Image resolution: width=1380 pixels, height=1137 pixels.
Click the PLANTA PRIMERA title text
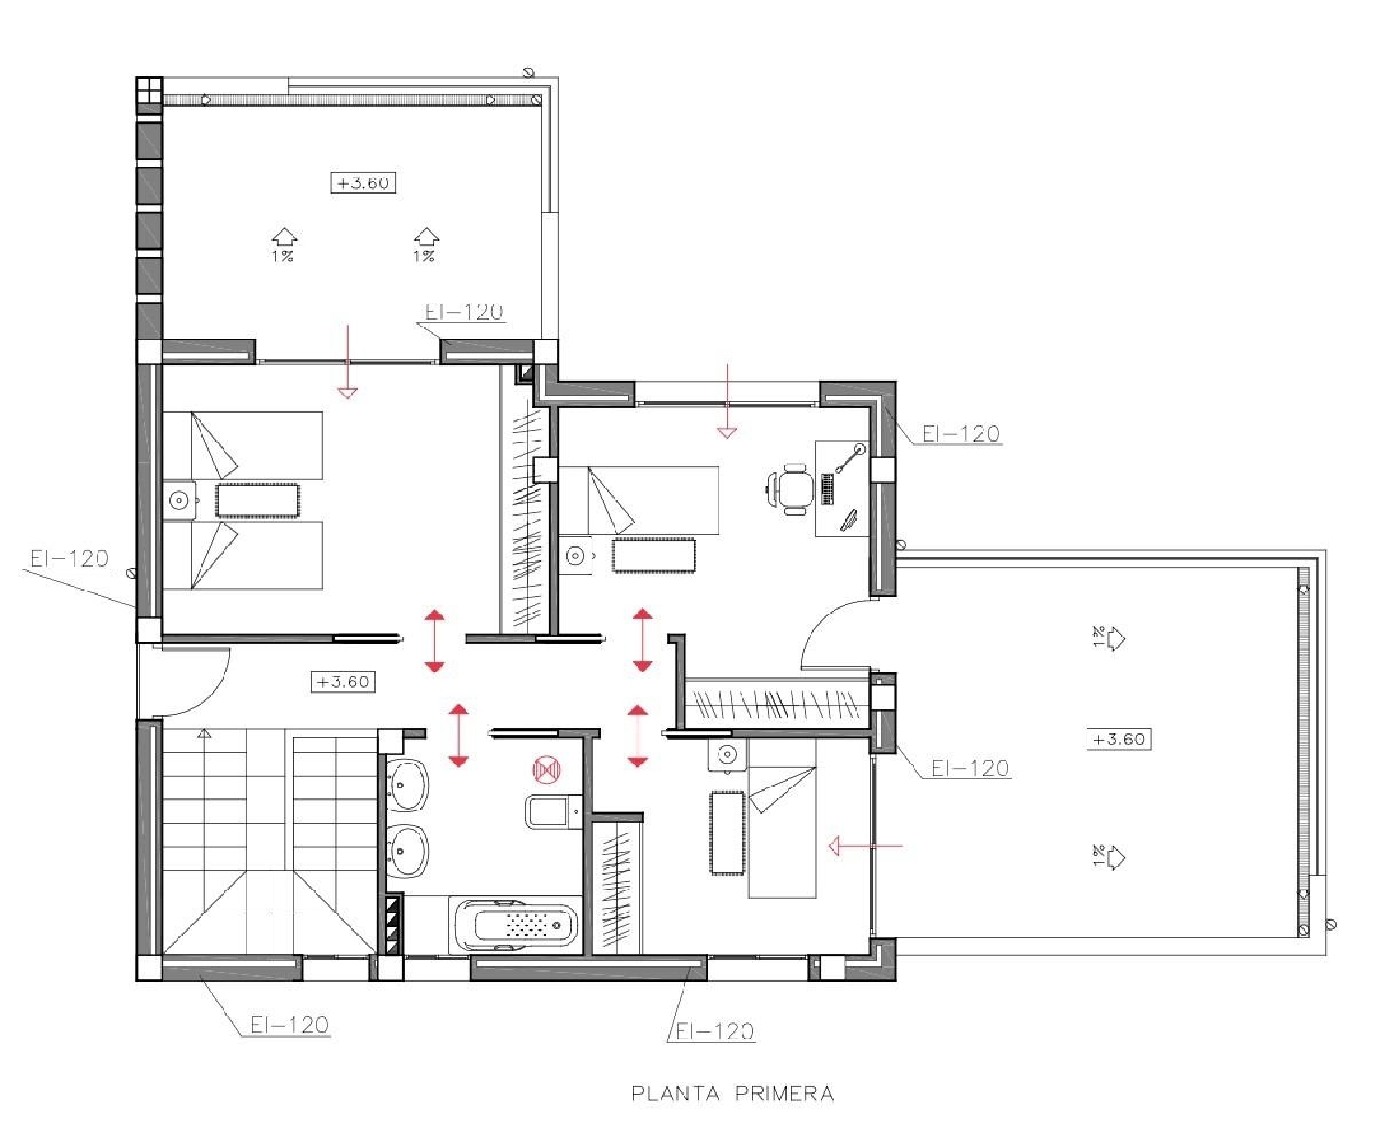pos(732,1094)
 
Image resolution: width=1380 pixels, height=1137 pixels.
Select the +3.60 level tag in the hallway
pos(343,682)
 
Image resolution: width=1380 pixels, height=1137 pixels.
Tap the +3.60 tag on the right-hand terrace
pos(1118,739)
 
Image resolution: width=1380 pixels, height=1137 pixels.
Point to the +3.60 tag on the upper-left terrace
pos(363,183)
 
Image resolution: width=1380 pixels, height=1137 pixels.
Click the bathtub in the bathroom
pos(517,925)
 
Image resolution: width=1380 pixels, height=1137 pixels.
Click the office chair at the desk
pos(792,488)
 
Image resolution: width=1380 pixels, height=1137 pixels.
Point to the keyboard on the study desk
pos(827,488)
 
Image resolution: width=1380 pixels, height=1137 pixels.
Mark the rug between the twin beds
pos(258,500)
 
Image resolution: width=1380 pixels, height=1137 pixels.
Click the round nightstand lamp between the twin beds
pos(178,500)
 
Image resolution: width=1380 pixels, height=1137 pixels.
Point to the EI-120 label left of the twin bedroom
pos(69,558)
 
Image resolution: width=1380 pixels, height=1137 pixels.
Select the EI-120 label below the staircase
pos(289,1025)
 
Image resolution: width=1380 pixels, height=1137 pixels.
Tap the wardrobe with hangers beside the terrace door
pos(777,704)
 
